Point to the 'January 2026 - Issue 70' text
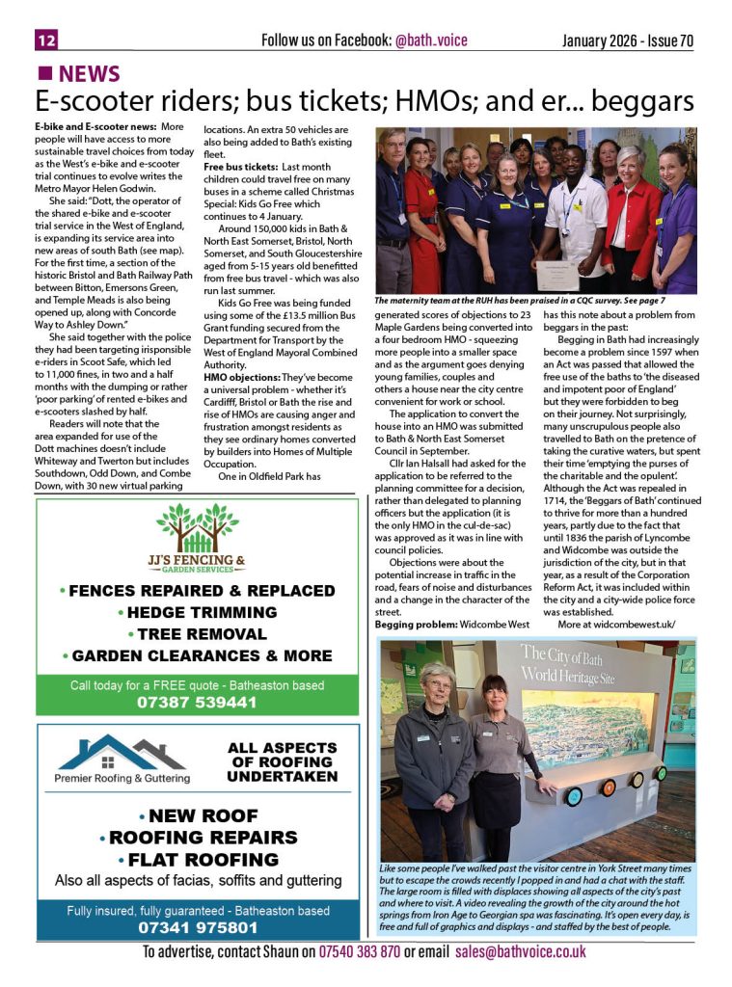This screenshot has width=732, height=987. (628, 40)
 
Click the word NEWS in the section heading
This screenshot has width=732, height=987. (89, 74)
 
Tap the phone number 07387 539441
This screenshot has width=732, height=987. (197, 703)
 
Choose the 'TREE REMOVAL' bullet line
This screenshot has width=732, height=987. (197, 634)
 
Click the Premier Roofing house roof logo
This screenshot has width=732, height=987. (121, 751)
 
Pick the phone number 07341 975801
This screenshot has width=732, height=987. (197, 928)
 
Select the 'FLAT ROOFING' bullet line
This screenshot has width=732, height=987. (197, 860)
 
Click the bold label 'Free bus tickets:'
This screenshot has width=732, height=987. (240, 167)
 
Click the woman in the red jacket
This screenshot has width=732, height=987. (631, 212)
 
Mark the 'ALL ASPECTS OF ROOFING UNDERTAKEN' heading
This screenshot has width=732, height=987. (282, 761)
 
